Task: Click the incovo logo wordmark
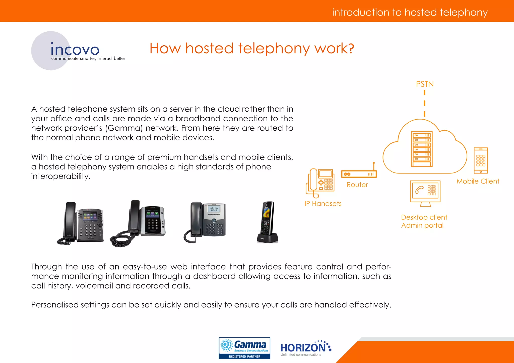click(x=75, y=49)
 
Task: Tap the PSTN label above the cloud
click(x=425, y=84)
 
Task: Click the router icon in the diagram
click(x=359, y=173)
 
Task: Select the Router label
click(x=357, y=185)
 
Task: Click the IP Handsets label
click(x=323, y=204)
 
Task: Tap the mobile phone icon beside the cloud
click(x=481, y=160)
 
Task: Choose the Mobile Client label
click(x=478, y=181)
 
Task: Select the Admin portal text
click(x=422, y=225)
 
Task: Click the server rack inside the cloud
click(x=422, y=149)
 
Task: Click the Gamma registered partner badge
click(x=244, y=348)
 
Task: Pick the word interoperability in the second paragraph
click(x=61, y=176)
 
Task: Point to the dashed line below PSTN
click(x=424, y=103)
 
